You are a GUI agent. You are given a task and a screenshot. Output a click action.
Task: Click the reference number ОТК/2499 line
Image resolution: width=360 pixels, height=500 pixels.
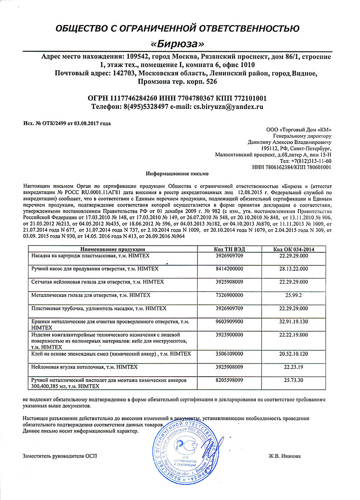click(x=67, y=123)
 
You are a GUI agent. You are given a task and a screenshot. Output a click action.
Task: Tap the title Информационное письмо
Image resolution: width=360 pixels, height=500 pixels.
click(x=178, y=173)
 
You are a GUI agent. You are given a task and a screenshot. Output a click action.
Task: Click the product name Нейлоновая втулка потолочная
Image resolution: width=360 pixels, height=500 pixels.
click(x=78, y=368)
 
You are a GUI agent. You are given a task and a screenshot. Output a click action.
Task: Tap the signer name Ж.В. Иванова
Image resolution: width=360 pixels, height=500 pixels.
click(x=282, y=456)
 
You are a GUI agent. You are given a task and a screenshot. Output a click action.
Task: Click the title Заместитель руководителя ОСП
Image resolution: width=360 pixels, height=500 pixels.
click(x=59, y=456)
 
